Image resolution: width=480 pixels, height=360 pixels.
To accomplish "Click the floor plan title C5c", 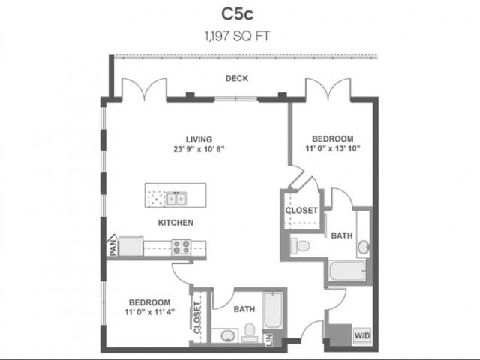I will point(239,13).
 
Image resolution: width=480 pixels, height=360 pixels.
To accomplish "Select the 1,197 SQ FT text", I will point(239,34).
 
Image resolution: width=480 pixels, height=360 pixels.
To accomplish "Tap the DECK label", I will point(237,79).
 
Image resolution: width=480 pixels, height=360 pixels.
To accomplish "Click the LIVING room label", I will point(199,139).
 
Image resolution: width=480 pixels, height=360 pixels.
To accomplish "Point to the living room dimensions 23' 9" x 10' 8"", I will point(199,148).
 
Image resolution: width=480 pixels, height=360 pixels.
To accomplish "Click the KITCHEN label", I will point(175,223).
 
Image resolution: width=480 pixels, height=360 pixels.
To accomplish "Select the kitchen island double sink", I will point(177,199).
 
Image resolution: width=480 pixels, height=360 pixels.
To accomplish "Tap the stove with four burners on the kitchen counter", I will point(181,245).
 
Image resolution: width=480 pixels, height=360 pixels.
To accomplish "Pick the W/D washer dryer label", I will point(361,334).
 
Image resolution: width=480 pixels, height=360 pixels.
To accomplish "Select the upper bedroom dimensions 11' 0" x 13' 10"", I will point(332,148).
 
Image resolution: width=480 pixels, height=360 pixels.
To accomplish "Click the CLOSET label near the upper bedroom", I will point(301,211).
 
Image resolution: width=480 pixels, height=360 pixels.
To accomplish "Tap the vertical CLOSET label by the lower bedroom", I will point(198,317).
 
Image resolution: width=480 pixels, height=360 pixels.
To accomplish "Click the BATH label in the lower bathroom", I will point(244,308).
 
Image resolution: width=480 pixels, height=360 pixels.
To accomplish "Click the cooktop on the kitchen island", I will point(156,199).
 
